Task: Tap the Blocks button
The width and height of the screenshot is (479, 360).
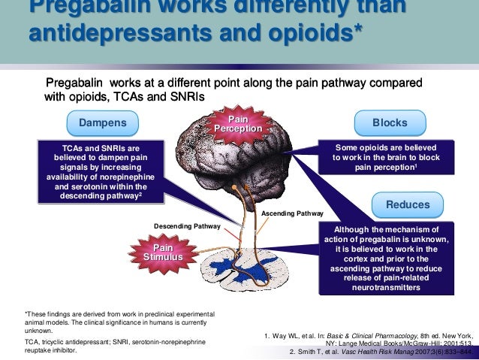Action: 390,123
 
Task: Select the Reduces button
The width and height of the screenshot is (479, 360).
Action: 408,204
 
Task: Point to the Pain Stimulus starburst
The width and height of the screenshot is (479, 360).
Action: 163,253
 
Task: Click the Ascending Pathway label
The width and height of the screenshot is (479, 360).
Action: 292,213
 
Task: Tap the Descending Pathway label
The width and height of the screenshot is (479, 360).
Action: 188,225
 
